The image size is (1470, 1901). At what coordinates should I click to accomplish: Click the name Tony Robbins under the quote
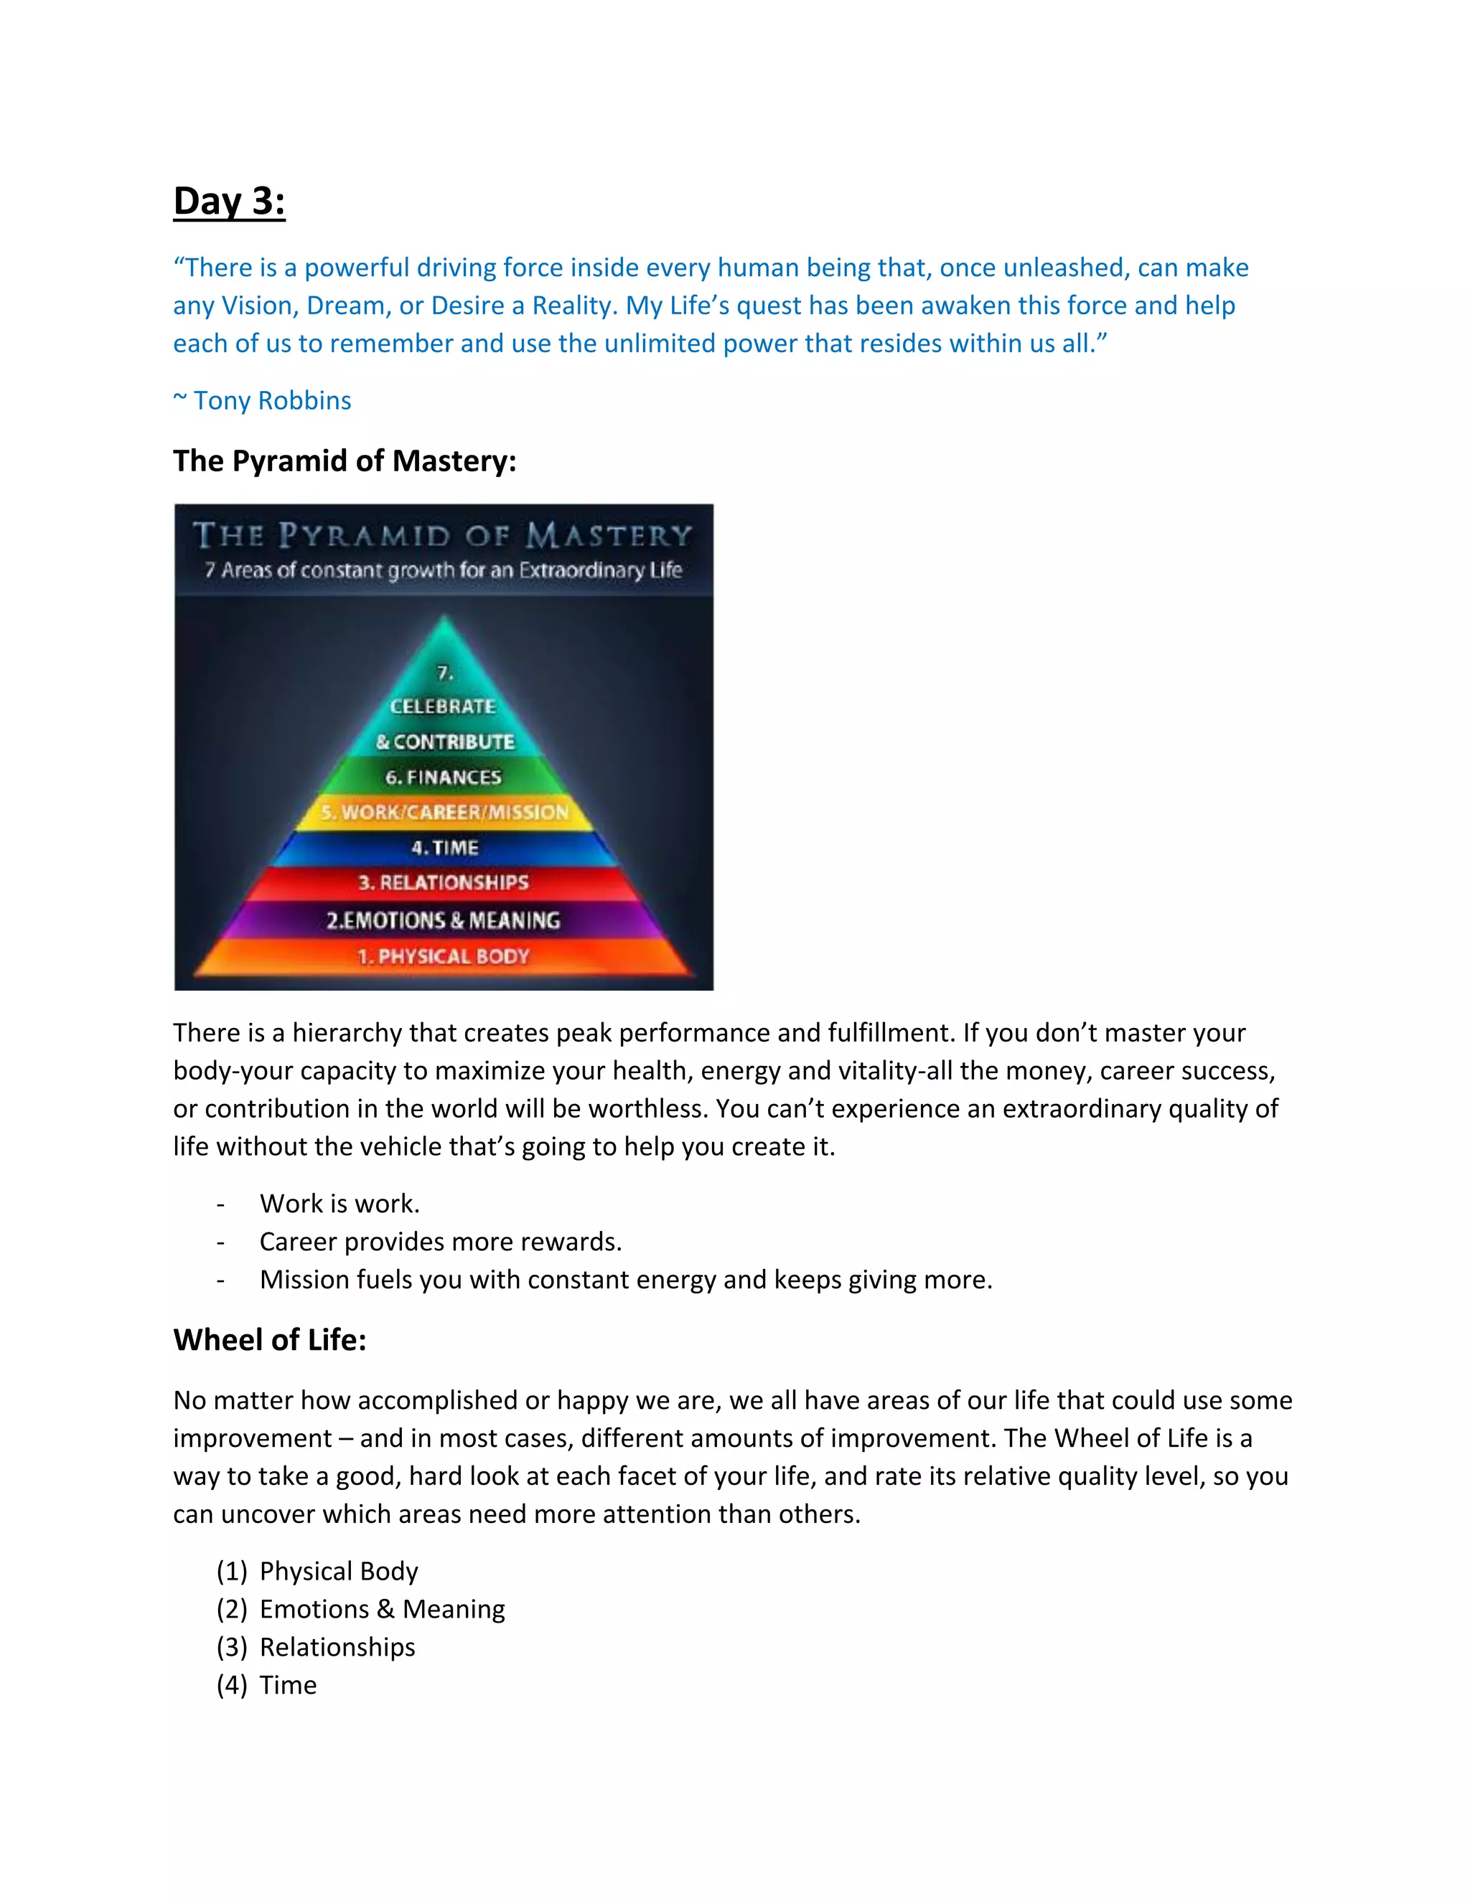point(272,400)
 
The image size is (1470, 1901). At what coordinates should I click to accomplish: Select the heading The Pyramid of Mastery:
point(344,461)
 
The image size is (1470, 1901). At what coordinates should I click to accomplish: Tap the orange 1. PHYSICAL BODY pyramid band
point(444,956)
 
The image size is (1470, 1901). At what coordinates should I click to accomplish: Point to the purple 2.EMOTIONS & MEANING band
point(444,920)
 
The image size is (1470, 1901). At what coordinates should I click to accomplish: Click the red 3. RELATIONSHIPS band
point(444,882)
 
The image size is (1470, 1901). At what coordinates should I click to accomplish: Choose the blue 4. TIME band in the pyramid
point(444,847)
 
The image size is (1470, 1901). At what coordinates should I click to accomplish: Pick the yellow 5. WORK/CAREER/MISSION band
point(444,812)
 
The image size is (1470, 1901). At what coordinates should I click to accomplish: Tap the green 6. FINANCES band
point(444,776)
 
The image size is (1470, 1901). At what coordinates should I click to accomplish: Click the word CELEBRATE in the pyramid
point(444,706)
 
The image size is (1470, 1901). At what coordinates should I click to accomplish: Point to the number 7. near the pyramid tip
point(445,673)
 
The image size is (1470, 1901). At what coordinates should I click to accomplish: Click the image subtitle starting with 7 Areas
point(444,570)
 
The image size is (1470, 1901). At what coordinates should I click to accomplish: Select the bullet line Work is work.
point(340,1203)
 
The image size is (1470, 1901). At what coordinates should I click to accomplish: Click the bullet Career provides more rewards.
point(440,1241)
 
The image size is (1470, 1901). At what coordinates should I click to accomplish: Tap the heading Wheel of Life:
point(269,1339)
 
